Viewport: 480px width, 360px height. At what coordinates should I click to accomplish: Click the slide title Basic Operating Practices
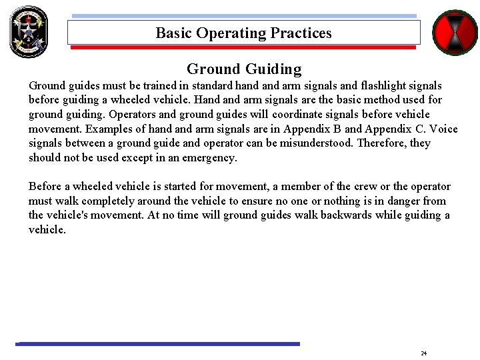[243, 33]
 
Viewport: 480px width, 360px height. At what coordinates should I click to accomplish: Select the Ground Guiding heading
[244, 69]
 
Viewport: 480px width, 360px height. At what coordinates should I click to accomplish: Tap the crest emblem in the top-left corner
[29, 31]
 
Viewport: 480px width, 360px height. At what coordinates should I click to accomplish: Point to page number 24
[423, 353]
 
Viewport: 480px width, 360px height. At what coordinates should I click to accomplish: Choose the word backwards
[348, 215]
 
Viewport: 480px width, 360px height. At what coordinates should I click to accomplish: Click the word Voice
[445, 129]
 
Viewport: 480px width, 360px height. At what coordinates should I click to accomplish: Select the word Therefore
[384, 143]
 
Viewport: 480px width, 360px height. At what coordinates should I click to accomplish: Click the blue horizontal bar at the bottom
[158, 344]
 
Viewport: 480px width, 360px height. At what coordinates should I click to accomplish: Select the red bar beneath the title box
[243, 48]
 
